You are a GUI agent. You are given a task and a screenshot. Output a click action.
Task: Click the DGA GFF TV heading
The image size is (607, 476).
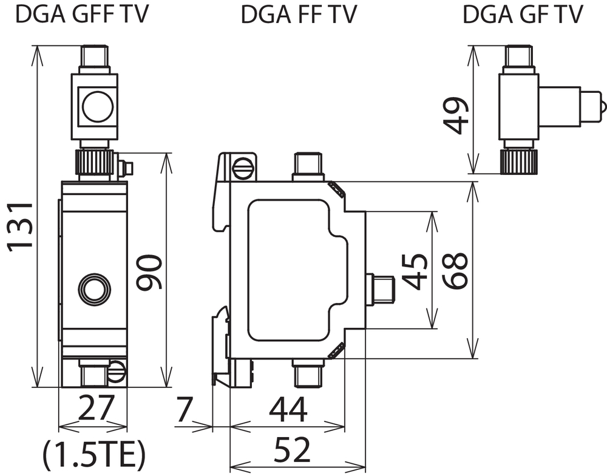[x=82, y=14]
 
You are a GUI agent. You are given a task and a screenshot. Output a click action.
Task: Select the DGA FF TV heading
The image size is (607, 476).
[x=299, y=15]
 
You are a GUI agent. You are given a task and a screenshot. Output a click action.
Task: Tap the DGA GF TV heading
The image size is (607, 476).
[x=523, y=15]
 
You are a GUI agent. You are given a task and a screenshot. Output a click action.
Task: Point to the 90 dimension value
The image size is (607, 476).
[x=149, y=272]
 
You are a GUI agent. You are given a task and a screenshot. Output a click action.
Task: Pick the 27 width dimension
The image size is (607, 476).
[x=96, y=407]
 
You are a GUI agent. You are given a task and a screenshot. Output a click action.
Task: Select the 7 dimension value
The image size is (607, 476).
[x=185, y=409]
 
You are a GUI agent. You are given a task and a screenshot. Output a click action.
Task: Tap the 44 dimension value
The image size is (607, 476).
[x=288, y=409]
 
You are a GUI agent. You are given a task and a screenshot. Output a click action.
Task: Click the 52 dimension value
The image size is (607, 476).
[x=293, y=449]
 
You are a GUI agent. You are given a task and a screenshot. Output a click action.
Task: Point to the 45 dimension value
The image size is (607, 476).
[x=415, y=271]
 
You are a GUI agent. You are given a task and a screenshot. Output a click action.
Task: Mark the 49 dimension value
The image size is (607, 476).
[x=456, y=115]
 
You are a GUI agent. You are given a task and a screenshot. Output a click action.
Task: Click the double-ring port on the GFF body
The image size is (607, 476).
[x=95, y=288]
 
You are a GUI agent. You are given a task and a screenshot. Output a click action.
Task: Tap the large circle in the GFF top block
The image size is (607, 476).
[x=98, y=107]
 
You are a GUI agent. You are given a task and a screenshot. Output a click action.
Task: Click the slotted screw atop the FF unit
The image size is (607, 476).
[x=243, y=168]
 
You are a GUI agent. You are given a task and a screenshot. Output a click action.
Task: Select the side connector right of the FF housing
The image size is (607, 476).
[x=380, y=288]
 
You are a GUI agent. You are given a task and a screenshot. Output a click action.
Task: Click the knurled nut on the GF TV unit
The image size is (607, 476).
[x=519, y=161]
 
